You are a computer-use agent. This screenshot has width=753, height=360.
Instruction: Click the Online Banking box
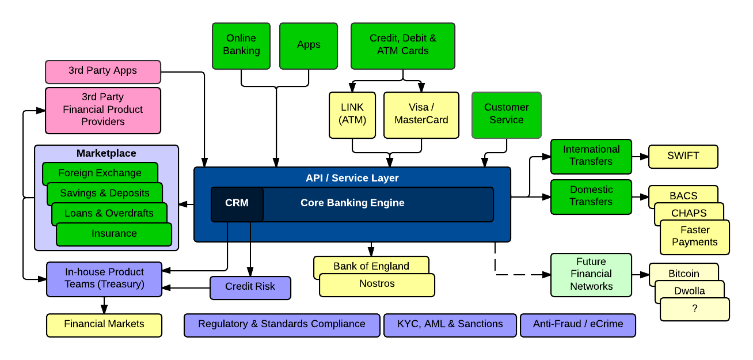click(x=241, y=46)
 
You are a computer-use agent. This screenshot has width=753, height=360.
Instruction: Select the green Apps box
click(x=309, y=46)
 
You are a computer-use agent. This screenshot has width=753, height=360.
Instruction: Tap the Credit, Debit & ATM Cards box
click(x=403, y=46)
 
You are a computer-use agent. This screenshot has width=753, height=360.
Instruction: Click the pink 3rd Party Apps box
click(x=103, y=71)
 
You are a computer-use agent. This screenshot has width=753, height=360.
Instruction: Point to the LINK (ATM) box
click(x=352, y=115)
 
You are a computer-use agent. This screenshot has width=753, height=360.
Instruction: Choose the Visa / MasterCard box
click(x=421, y=115)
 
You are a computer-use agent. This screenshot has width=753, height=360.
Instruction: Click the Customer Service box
click(x=507, y=115)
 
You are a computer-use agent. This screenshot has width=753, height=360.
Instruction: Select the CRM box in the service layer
click(x=237, y=204)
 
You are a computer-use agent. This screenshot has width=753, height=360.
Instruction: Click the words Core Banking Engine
click(x=352, y=203)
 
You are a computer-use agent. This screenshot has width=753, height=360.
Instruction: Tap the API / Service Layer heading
click(x=352, y=179)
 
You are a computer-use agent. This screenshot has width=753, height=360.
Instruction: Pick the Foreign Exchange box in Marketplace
click(x=100, y=172)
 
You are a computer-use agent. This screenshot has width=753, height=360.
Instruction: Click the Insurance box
click(x=114, y=234)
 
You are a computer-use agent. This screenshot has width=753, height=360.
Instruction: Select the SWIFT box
click(x=683, y=156)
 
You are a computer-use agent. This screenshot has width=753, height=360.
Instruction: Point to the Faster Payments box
click(x=695, y=237)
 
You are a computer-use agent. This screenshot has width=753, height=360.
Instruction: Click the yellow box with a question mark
click(x=695, y=309)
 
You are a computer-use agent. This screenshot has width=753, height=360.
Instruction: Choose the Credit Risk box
click(x=250, y=287)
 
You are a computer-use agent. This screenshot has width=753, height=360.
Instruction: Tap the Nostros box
click(x=377, y=285)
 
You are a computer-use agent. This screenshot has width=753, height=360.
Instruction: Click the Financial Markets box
click(x=104, y=325)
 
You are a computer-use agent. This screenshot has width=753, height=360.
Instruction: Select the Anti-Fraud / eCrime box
click(x=578, y=325)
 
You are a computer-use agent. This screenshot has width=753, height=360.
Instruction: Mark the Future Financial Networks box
click(x=591, y=275)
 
